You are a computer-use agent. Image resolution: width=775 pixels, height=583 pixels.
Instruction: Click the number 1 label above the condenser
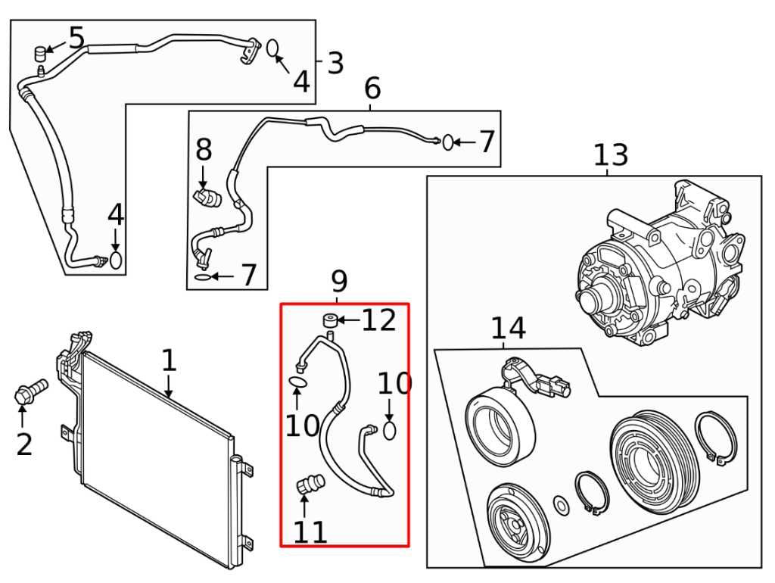pyautogui.click(x=169, y=361)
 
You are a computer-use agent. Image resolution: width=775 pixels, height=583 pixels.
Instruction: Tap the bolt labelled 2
pyautogui.click(x=29, y=392)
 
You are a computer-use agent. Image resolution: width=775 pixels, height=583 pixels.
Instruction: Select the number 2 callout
pyautogui.click(x=24, y=444)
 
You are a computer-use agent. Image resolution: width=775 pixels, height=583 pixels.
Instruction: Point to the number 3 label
pyautogui.click(x=335, y=63)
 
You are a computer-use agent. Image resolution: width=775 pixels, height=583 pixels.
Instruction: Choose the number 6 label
pyautogui.click(x=372, y=89)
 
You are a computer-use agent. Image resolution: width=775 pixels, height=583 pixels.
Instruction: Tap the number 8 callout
pyautogui.click(x=204, y=150)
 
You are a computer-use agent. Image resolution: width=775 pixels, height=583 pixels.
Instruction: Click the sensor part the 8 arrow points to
pyautogui.click(x=206, y=198)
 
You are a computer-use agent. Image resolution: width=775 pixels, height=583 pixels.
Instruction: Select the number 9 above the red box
pyautogui.click(x=338, y=282)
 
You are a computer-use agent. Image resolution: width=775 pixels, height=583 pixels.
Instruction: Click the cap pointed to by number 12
pyautogui.click(x=330, y=320)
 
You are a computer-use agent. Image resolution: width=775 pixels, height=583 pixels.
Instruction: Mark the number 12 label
pyautogui.click(x=378, y=320)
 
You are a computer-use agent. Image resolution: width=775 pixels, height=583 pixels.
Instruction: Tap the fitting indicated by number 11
pyautogui.click(x=311, y=482)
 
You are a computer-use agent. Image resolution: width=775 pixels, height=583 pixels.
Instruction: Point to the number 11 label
pyautogui.click(x=310, y=532)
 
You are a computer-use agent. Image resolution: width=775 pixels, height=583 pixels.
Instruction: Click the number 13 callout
pyautogui.click(x=610, y=155)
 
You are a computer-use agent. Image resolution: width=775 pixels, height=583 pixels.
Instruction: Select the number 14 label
pyautogui.click(x=508, y=329)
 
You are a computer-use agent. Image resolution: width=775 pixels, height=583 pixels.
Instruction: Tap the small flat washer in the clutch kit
pyautogui.click(x=562, y=503)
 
